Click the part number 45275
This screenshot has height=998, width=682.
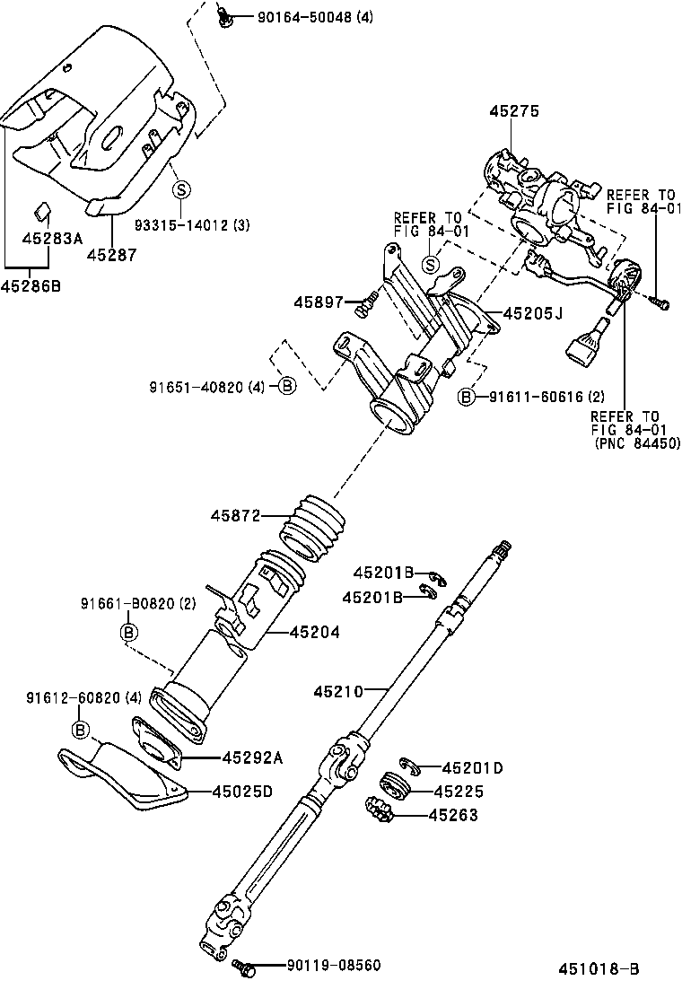[x=514, y=111]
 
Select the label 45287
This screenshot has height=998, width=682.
[x=111, y=255]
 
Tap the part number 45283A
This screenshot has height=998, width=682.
[x=52, y=238]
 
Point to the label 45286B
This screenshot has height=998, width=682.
[x=31, y=286]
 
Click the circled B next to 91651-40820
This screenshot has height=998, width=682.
[x=286, y=386]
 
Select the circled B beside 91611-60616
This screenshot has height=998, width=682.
[x=468, y=396]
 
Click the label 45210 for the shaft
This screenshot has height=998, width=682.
[x=338, y=691]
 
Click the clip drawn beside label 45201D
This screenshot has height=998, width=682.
[x=409, y=765]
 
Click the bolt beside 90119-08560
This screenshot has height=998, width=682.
[x=242, y=967]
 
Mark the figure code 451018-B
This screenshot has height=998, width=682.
[x=599, y=968]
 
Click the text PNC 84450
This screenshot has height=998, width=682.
[x=637, y=442]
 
